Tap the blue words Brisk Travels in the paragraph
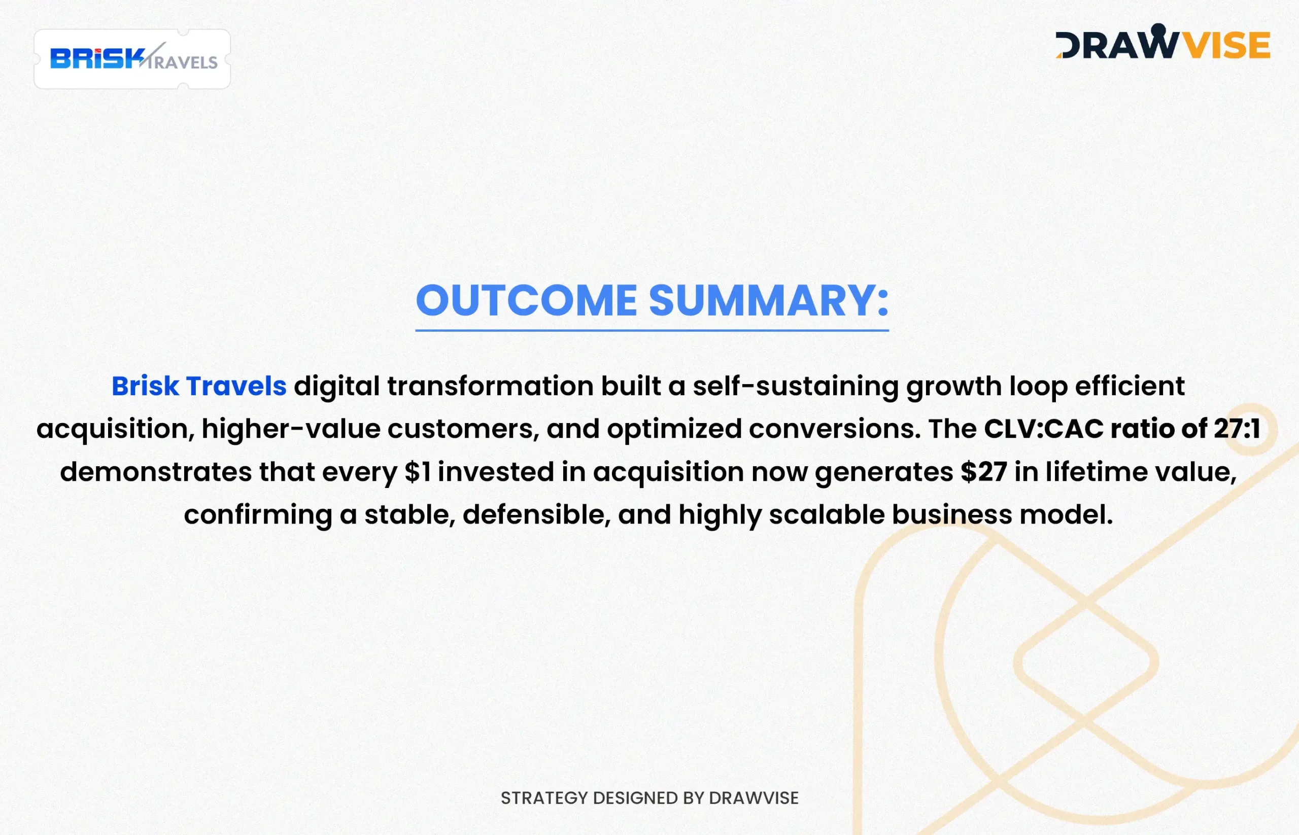[199, 386]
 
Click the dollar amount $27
[983, 472]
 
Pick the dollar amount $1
[418, 472]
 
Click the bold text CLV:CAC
[1044, 428]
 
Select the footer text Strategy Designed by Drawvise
[649, 797]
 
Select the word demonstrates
[156, 472]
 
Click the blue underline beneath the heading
[652, 330]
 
